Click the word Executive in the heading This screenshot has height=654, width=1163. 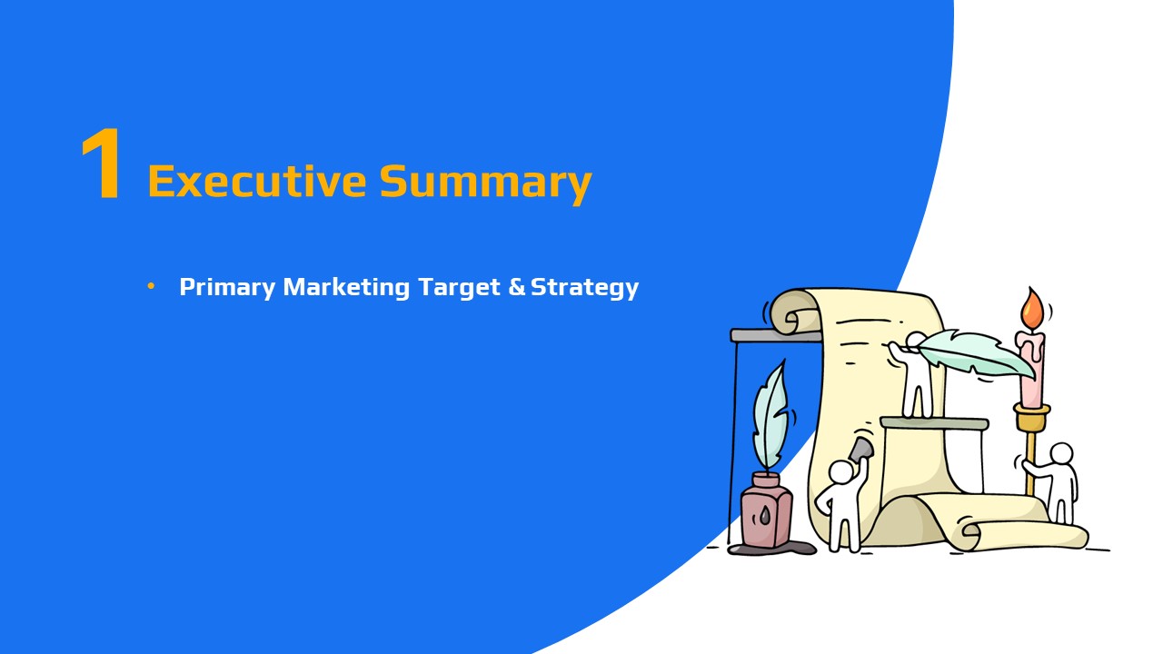point(257,181)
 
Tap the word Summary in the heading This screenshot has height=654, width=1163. point(486,184)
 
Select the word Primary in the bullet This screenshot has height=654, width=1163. point(227,288)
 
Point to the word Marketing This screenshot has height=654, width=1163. point(346,288)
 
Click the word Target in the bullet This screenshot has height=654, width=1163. point(459,288)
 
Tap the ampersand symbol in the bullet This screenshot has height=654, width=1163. point(517,286)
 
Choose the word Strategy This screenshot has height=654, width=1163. point(584,288)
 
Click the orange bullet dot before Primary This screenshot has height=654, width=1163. point(151,286)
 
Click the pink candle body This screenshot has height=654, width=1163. point(1031,369)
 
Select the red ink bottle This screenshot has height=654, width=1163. point(766,510)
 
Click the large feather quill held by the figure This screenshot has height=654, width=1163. point(975,354)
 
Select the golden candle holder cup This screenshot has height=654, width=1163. point(1032,417)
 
